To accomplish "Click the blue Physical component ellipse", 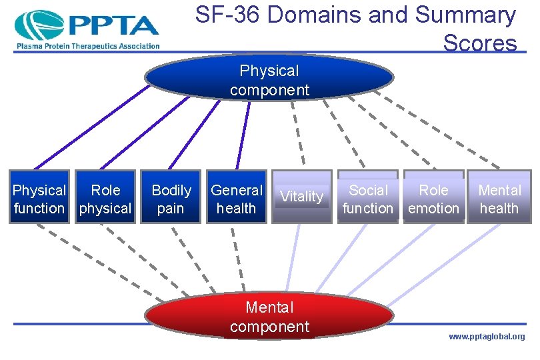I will (x=269, y=79).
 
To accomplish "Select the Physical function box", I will (x=39, y=199).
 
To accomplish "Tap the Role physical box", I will (x=105, y=199).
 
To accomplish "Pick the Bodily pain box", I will (x=171, y=199).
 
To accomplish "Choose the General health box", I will (x=237, y=199).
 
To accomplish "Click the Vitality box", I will (x=302, y=197).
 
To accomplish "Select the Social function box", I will (x=368, y=199).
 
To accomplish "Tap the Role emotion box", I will (x=433, y=199).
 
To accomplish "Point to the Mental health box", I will (x=499, y=199).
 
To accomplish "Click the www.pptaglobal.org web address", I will (x=486, y=337).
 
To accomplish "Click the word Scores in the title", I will (x=479, y=43).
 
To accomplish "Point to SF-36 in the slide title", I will (x=227, y=15).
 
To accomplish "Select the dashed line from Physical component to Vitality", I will (x=297, y=133).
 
